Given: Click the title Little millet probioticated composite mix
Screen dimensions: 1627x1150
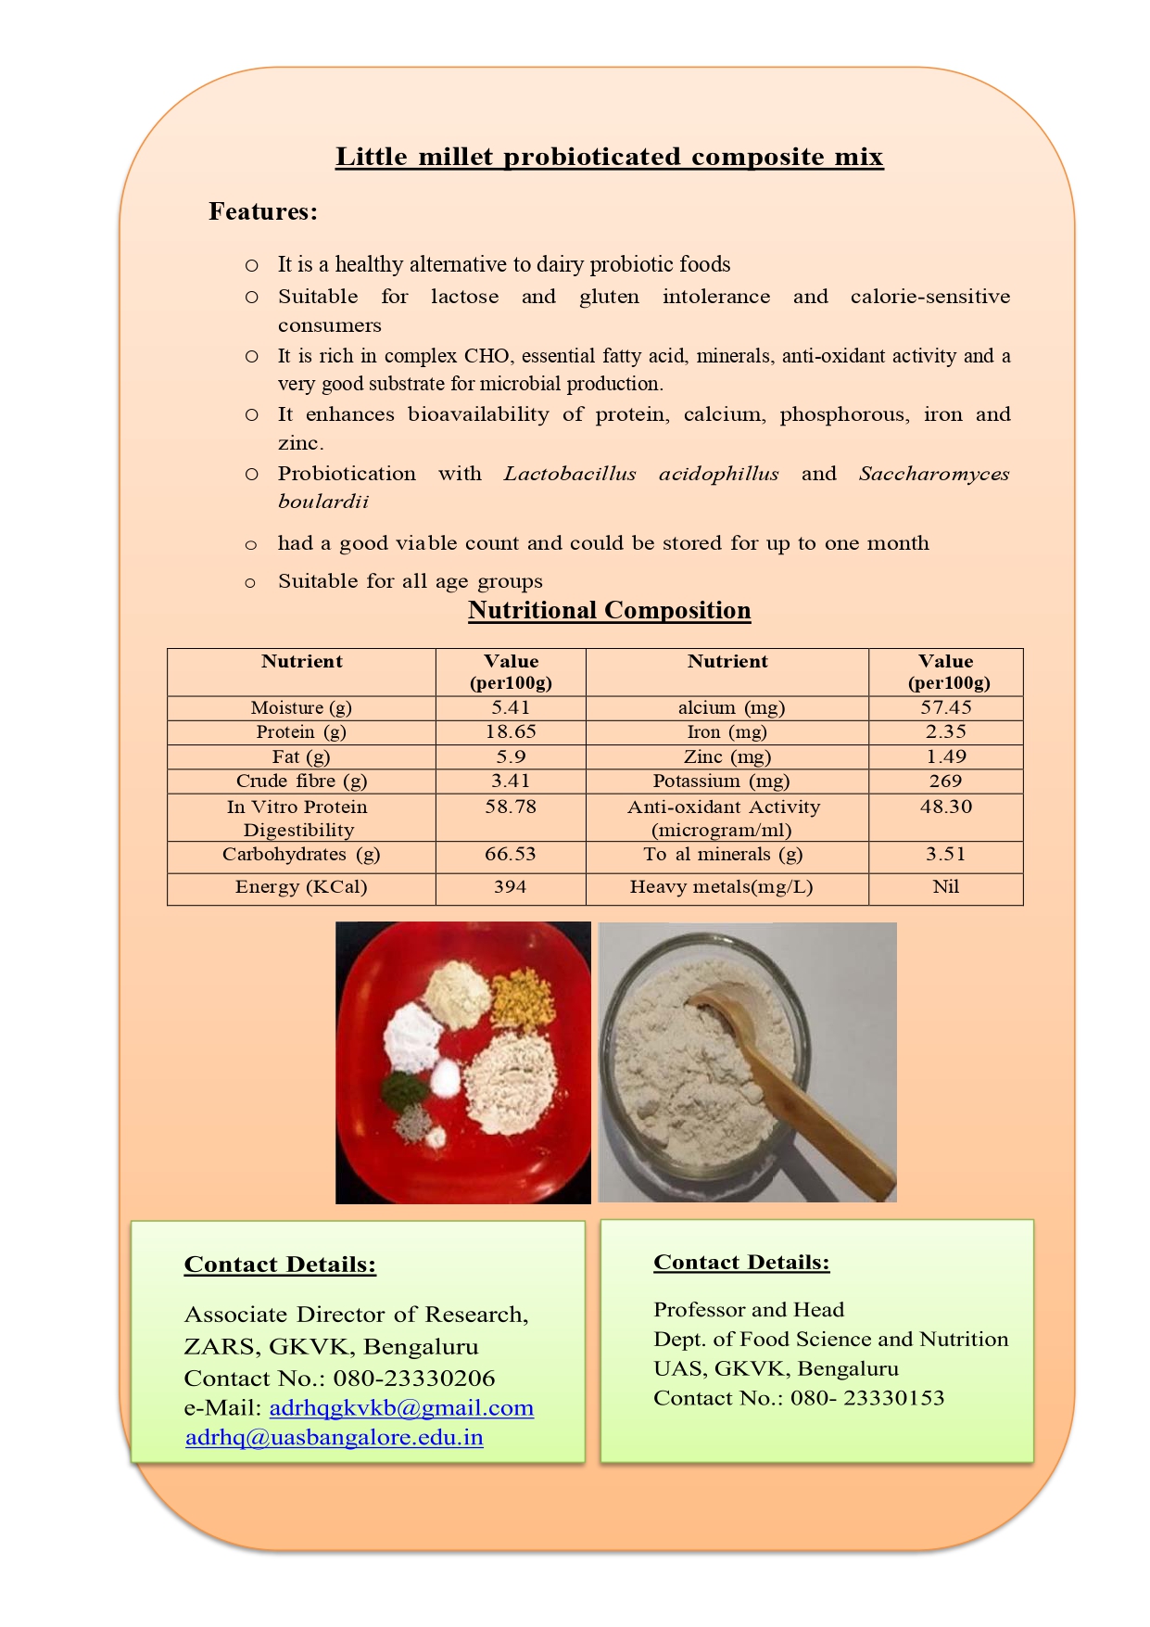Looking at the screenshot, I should coord(609,157).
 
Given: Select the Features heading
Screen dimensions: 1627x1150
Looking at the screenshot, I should coord(263,212).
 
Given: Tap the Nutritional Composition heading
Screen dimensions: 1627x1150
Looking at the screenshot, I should coord(609,610).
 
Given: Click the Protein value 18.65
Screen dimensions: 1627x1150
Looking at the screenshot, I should coord(511,731).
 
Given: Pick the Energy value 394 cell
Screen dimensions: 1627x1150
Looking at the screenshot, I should coord(510,887).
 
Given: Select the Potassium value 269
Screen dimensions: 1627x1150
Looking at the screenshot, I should coord(945,782).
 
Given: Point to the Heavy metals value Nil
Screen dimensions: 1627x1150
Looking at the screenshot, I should coord(945,887).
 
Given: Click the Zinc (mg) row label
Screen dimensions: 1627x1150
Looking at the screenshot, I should coord(727,756).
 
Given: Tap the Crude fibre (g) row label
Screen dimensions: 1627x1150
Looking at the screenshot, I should coord(301,782).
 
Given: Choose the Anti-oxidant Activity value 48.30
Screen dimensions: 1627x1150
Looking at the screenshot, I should coord(945,807).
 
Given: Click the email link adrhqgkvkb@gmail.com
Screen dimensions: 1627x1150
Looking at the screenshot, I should coord(401,1408).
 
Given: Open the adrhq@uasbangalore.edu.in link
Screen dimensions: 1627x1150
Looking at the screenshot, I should coord(335,1438).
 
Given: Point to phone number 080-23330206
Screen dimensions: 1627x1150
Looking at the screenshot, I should coord(414,1379).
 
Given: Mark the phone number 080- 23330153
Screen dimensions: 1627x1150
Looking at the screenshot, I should coord(867,1398).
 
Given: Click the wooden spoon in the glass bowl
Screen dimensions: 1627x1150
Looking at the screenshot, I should coord(788,1075).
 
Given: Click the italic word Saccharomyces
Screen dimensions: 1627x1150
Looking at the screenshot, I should coord(933,474).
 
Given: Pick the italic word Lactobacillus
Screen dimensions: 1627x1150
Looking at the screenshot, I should coord(570,474).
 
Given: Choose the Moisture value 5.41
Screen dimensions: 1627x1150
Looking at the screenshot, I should coord(511,707).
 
